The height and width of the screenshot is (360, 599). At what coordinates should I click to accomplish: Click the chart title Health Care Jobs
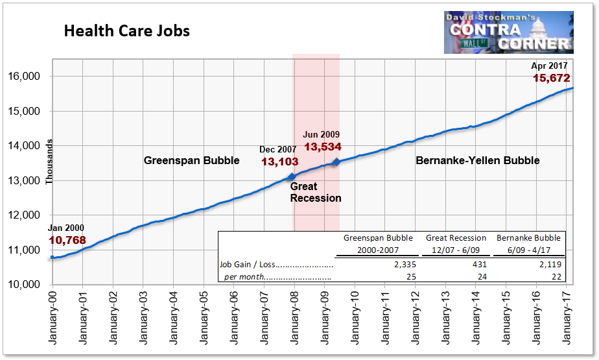coord(126,31)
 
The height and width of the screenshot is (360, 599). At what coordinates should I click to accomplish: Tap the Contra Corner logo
coord(508,32)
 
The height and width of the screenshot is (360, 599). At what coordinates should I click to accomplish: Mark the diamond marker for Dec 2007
coord(292,176)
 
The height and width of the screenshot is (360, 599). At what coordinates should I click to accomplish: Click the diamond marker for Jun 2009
coord(336,162)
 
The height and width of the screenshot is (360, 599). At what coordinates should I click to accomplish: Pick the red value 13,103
coord(279,162)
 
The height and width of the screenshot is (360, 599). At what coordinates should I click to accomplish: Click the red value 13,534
coord(322,147)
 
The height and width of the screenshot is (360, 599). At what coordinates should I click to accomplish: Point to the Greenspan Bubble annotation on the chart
coord(191,160)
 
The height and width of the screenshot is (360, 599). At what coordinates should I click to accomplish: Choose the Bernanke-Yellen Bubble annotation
coord(477,160)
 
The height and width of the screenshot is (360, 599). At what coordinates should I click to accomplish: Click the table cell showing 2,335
coord(402,264)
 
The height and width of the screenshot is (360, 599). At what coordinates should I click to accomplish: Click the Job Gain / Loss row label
coord(277,265)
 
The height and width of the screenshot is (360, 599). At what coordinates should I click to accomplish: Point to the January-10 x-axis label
coord(355,317)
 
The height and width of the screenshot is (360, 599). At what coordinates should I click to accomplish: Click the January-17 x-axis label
coord(566,317)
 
